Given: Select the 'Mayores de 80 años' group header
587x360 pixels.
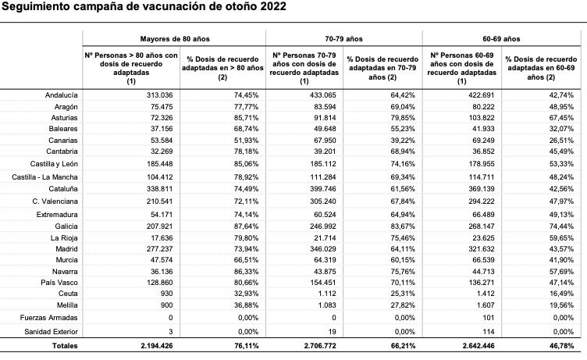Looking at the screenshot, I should point(174,37).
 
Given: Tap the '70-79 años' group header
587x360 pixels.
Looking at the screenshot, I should point(344,37).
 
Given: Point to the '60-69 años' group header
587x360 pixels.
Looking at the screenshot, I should point(501,37).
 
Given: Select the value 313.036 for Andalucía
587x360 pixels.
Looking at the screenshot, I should point(162,94).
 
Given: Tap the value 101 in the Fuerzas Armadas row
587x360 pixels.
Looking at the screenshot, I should point(486,317).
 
